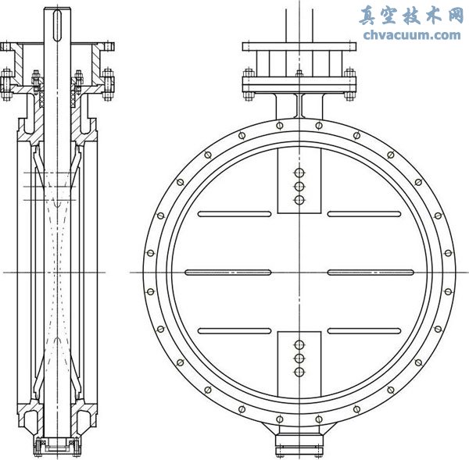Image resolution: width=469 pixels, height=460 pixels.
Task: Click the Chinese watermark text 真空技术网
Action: pyautogui.click(x=411, y=15)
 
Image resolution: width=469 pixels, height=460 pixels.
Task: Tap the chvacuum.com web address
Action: pyautogui.click(x=411, y=34)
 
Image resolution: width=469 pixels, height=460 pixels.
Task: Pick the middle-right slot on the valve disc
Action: pyautogui.click(x=370, y=272)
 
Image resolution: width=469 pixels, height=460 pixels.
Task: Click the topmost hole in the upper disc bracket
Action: pyautogui.click(x=298, y=173)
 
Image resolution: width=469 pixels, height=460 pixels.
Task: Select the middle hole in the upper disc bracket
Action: pyautogui.click(x=298, y=186)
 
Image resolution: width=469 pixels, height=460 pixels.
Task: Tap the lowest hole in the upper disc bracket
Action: pyautogui.click(x=298, y=200)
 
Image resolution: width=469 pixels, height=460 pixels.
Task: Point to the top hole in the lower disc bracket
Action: pyautogui.click(x=298, y=344)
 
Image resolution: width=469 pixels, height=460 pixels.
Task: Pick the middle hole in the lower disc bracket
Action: pyautogui.click(x=298, y=358)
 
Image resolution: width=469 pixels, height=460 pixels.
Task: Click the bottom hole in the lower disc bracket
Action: pyautogui.click(x=298, y=373)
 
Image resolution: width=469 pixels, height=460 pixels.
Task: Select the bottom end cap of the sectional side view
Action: pyautogui.click(x=55, y=446)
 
